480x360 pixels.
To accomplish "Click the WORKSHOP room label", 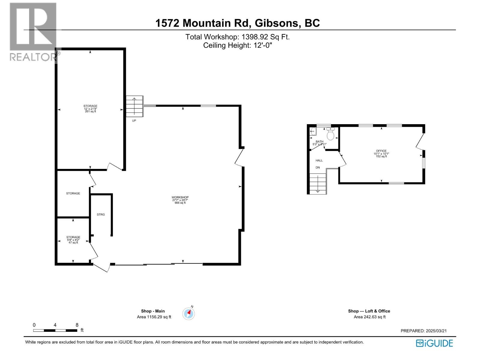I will (180, 197).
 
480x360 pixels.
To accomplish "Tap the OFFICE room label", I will (381, 151).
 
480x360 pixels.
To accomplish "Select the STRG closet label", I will (101, 214).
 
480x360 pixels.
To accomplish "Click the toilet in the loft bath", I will (330, 134).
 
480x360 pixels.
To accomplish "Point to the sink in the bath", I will (313, 131).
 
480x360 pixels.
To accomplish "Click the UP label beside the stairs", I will (134, 121).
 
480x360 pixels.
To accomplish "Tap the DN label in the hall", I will (318, 167).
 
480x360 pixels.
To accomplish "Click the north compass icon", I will (189, 313).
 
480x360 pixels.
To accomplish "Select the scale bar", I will (55, 330).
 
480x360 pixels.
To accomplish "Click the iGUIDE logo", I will (434, 343).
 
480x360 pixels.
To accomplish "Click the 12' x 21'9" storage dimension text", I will (90, 109).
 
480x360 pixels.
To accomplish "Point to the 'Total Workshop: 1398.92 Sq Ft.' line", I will (237, 37).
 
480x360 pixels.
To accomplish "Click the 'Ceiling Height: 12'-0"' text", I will (237, 45).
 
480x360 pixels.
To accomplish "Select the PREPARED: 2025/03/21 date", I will (424, 331).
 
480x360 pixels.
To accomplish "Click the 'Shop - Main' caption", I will (153, 311).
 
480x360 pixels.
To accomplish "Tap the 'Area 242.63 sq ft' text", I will (370, 317).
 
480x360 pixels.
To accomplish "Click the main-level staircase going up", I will (134, 106).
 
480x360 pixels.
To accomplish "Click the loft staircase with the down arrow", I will (318, 184).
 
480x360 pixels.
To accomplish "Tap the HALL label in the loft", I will (319, 160).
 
